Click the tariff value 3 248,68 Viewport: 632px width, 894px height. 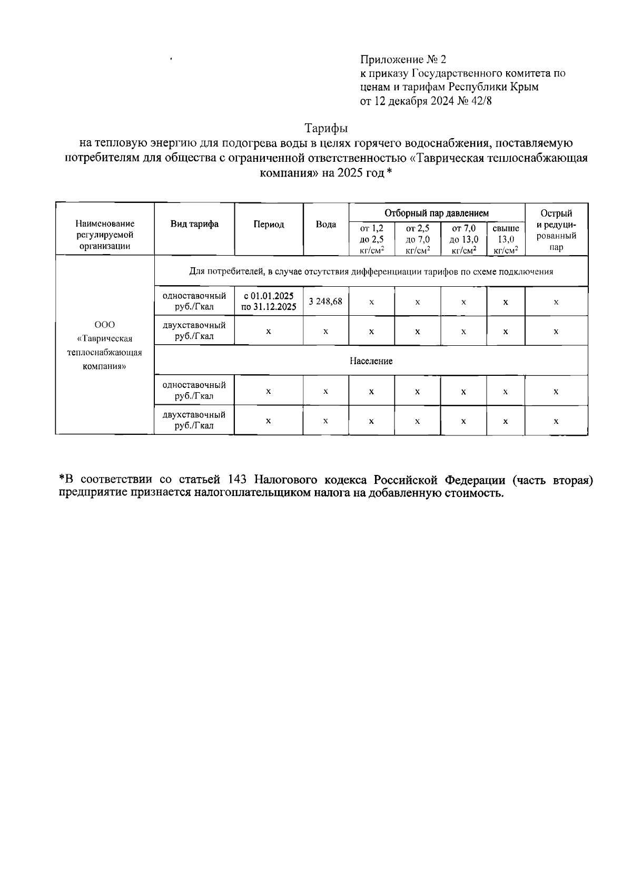click(325, 301)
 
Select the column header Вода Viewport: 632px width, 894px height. click(325, 225)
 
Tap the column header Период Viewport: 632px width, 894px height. click(269, 225)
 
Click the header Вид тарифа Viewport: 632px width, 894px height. click(194, 224)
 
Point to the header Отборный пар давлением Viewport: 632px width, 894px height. click(436, 213)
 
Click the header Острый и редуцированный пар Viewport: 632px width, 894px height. click(556, 230)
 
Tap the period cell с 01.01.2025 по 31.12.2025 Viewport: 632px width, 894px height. click(269, 301)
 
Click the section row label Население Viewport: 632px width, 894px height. click(371, 361)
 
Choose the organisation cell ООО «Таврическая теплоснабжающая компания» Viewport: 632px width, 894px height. click(104, 345)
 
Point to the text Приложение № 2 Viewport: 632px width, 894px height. click(403, 60)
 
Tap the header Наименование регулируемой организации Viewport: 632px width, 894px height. click(104, 235)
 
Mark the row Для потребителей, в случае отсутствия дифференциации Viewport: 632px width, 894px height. click(371, 272)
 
